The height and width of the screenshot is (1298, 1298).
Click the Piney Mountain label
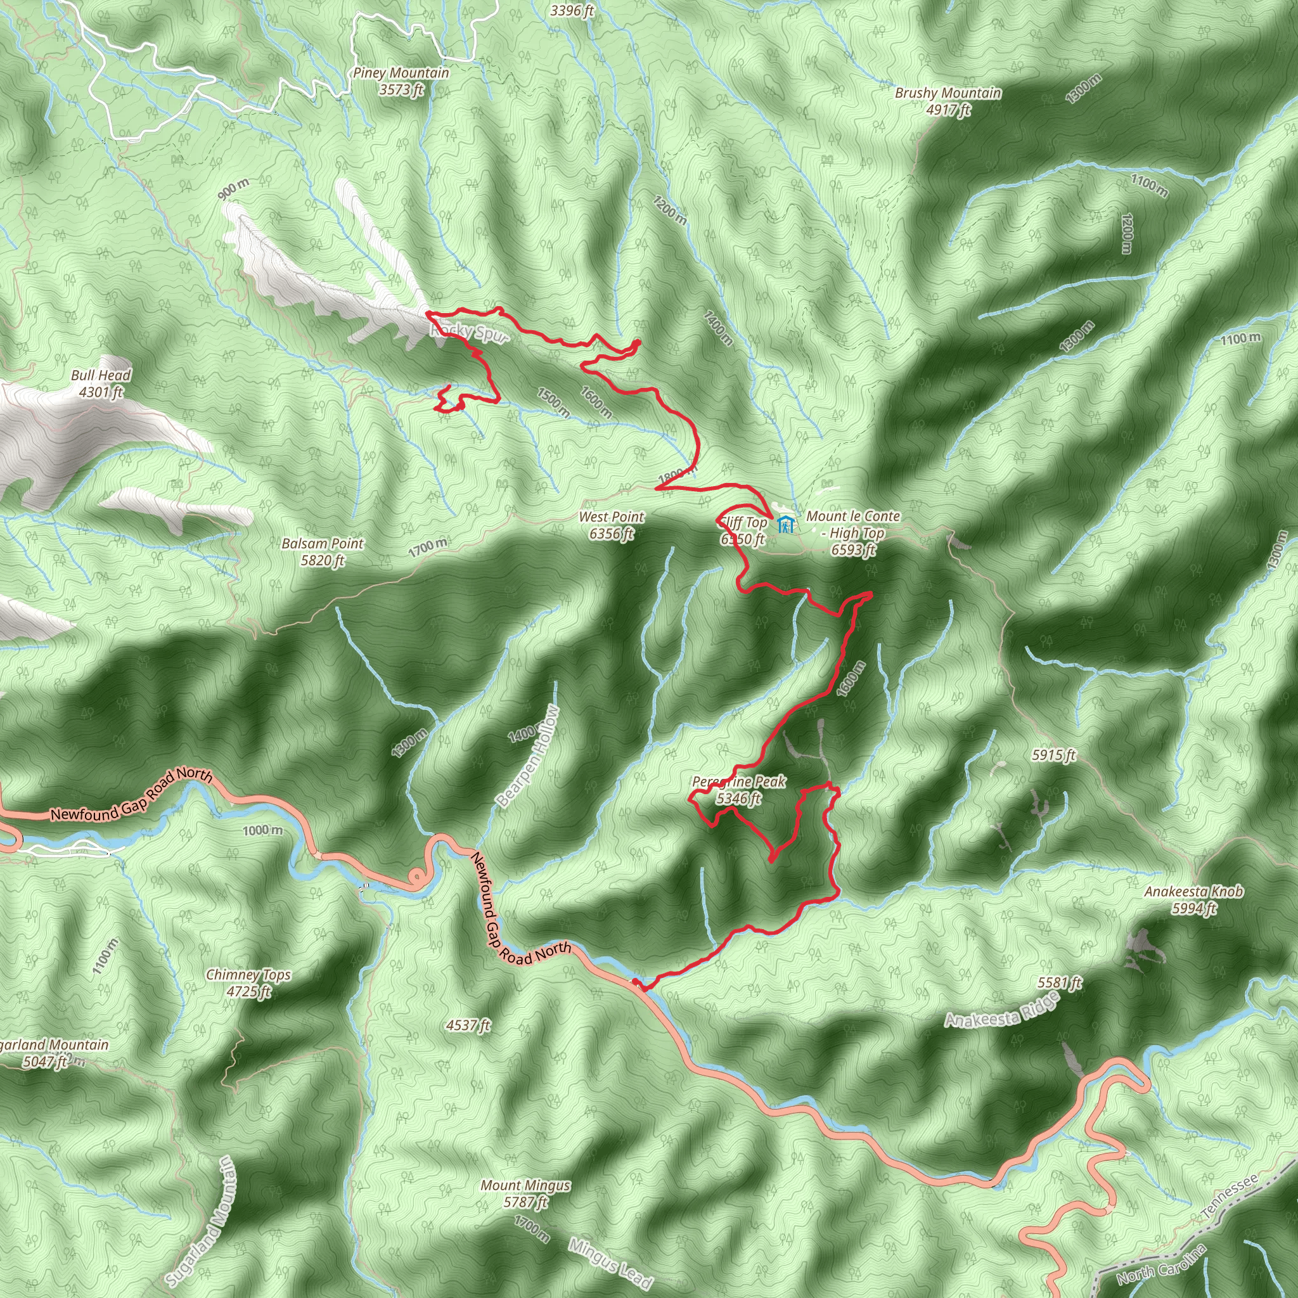pyautogui.click(x=401, y=81)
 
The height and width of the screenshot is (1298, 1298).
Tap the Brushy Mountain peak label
pyautogui.click(x=948, y=101)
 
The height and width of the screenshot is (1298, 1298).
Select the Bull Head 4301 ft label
pyautogui.click(x=101, y=383)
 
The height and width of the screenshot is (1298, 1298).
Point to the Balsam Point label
pyautogui.click(x=323, y=551)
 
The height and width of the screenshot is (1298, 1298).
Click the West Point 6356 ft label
pyautogui.click(x=612, y=525)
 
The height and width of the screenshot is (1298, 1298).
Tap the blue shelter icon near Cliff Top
pyautogui.click(x=785, y=524)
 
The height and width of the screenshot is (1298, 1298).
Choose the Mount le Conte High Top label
pyautogui.click(x=852, y=533)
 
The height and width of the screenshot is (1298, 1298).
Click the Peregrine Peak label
pyautogui.click(x=738, y=790)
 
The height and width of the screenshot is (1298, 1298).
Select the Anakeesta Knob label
pyautogui.click(x=1194, y=899)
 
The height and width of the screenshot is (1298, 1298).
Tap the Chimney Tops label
pyautogui.click(x=248, y=982)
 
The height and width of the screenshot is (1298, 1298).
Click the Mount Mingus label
pyautogui.click(x=525, y=1193)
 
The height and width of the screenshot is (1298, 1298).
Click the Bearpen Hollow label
pyautogui.click(x=528, y=756)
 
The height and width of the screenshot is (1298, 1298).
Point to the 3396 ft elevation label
pyautogui.click(x=572, y=11)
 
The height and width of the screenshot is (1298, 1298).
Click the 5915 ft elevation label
pyautogui.click(x=1053, y=755)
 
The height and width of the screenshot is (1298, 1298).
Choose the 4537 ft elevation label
pyautogui.click(x=468, y=1025)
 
